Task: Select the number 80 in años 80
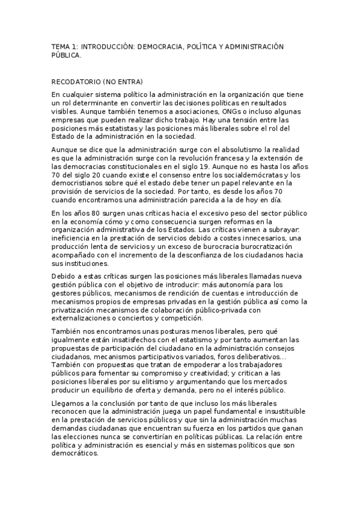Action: pos(95,214)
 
